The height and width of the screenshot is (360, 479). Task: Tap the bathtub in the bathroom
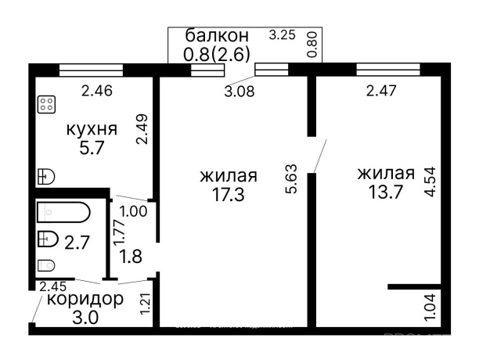coord(63,211)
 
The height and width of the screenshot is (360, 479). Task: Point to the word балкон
coord(217,36)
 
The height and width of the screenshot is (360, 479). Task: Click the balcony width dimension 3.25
coord(282,35)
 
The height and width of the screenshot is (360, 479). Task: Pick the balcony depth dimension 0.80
coord(313,45)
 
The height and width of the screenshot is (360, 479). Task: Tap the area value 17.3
coord(228,194)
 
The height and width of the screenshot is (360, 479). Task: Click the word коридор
coord(85,299)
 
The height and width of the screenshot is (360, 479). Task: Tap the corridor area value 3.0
coord(85,316)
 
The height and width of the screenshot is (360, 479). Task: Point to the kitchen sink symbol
coord(45,177)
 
